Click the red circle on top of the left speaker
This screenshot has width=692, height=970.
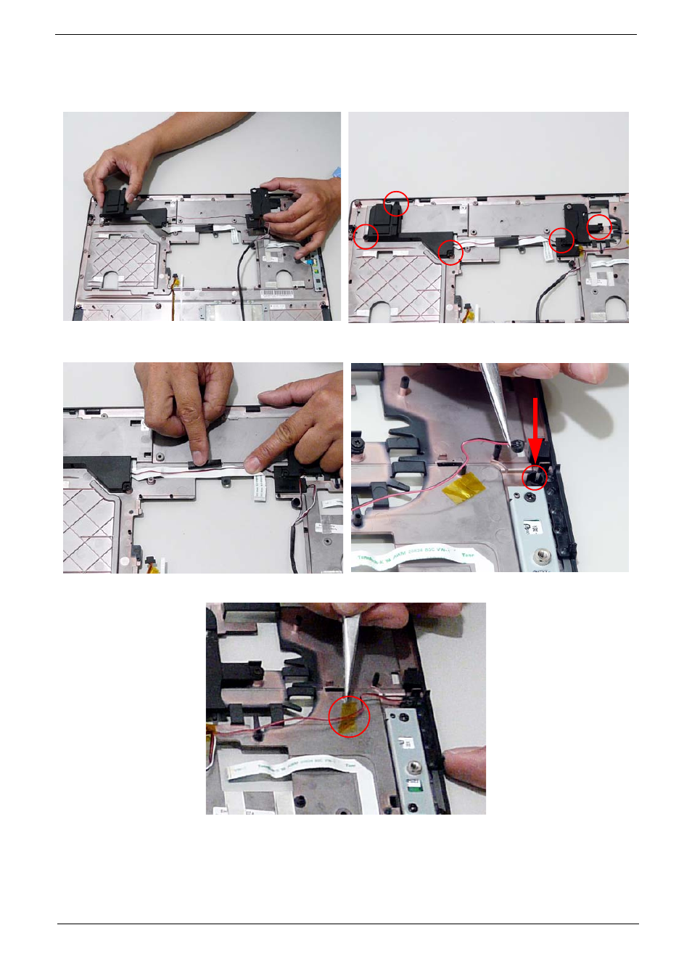395,203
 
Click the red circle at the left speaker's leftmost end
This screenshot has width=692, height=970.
366,236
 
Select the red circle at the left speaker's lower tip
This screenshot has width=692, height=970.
450,252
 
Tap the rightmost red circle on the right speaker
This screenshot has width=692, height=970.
599,227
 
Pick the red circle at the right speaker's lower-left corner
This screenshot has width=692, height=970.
561,240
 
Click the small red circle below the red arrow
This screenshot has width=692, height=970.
535,477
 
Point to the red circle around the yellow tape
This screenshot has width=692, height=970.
349,716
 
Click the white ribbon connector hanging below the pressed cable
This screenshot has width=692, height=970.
259,488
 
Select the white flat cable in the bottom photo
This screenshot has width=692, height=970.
290,767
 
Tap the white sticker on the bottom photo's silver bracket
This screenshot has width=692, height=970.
407,743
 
